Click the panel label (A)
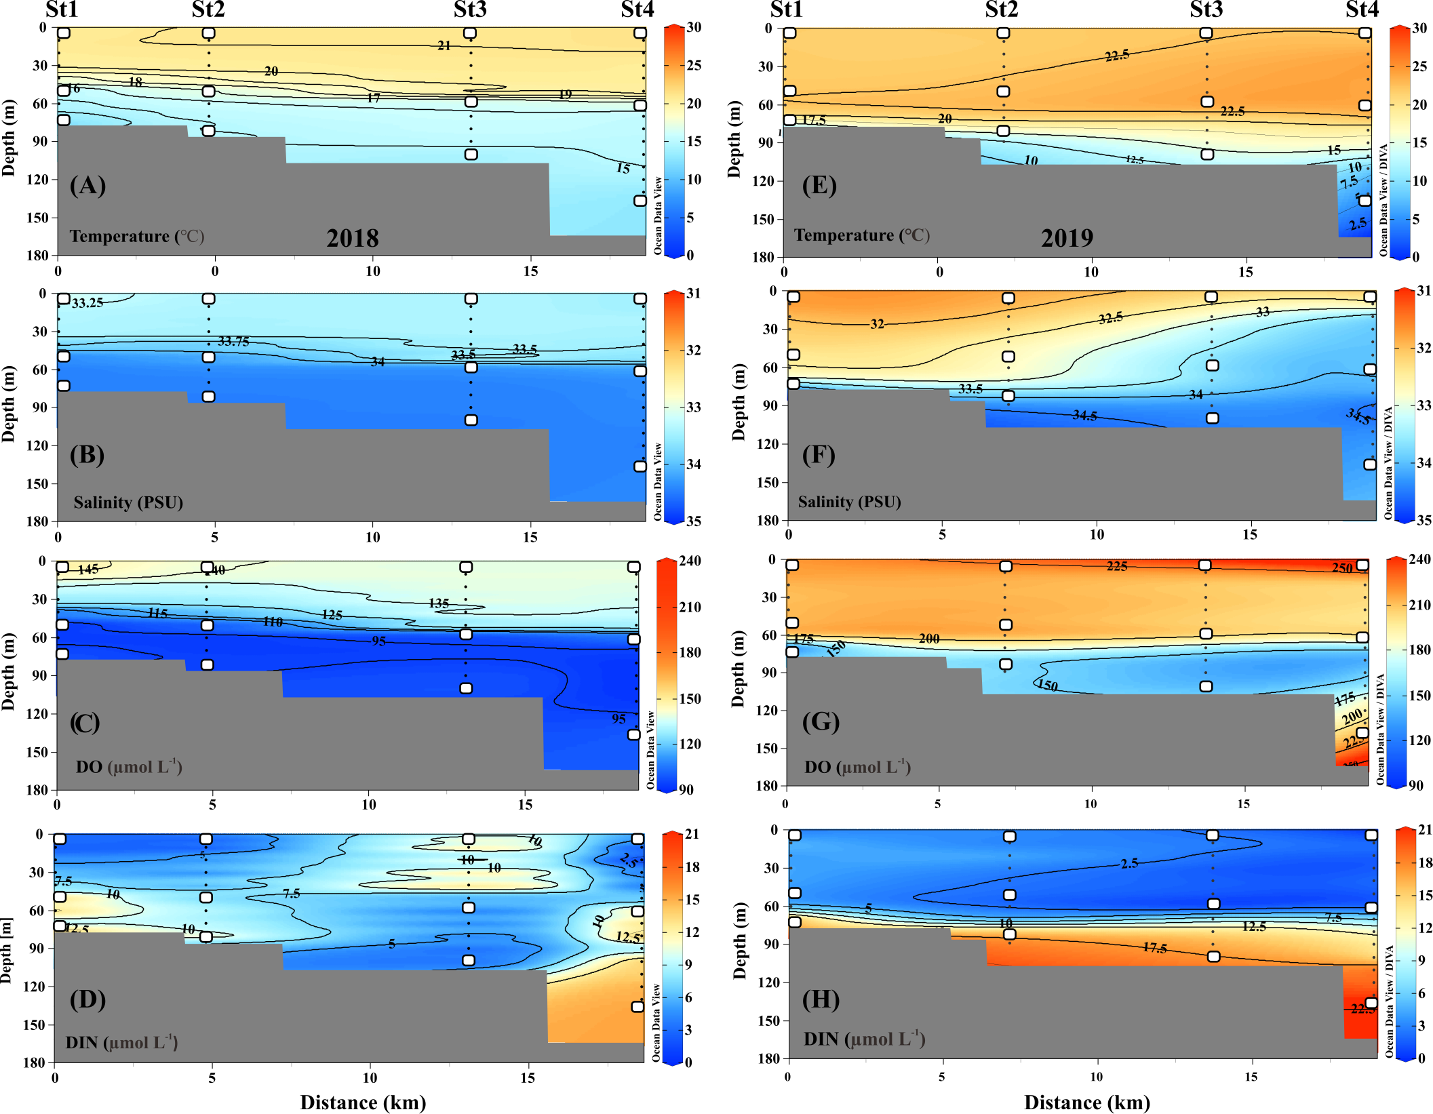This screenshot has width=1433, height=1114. (87, 185)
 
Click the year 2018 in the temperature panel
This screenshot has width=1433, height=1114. (353, 238)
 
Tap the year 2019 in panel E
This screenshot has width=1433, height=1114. (1067, 238)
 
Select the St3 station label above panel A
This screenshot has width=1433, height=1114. (470, 9)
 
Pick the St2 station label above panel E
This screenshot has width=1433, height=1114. (1002, 9)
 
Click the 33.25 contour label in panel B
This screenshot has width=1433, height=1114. (87, 303)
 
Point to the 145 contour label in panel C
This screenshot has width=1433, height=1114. (88, 570)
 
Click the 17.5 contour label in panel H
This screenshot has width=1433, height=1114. (1154, 947)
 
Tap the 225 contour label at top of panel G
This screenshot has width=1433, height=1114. (1117, 566)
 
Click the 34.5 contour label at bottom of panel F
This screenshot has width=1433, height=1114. (1084, 416)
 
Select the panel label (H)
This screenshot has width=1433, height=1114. (821, 999)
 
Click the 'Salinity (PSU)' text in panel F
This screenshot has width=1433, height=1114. (849, 502)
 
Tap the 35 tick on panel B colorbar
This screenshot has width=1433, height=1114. (693, 521)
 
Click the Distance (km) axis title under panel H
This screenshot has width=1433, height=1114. (1086, 1102)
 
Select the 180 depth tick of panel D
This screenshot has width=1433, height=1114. (33, 1062)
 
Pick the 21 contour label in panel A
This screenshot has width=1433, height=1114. (444, 45)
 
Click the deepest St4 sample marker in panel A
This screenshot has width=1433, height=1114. (640, 201)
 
